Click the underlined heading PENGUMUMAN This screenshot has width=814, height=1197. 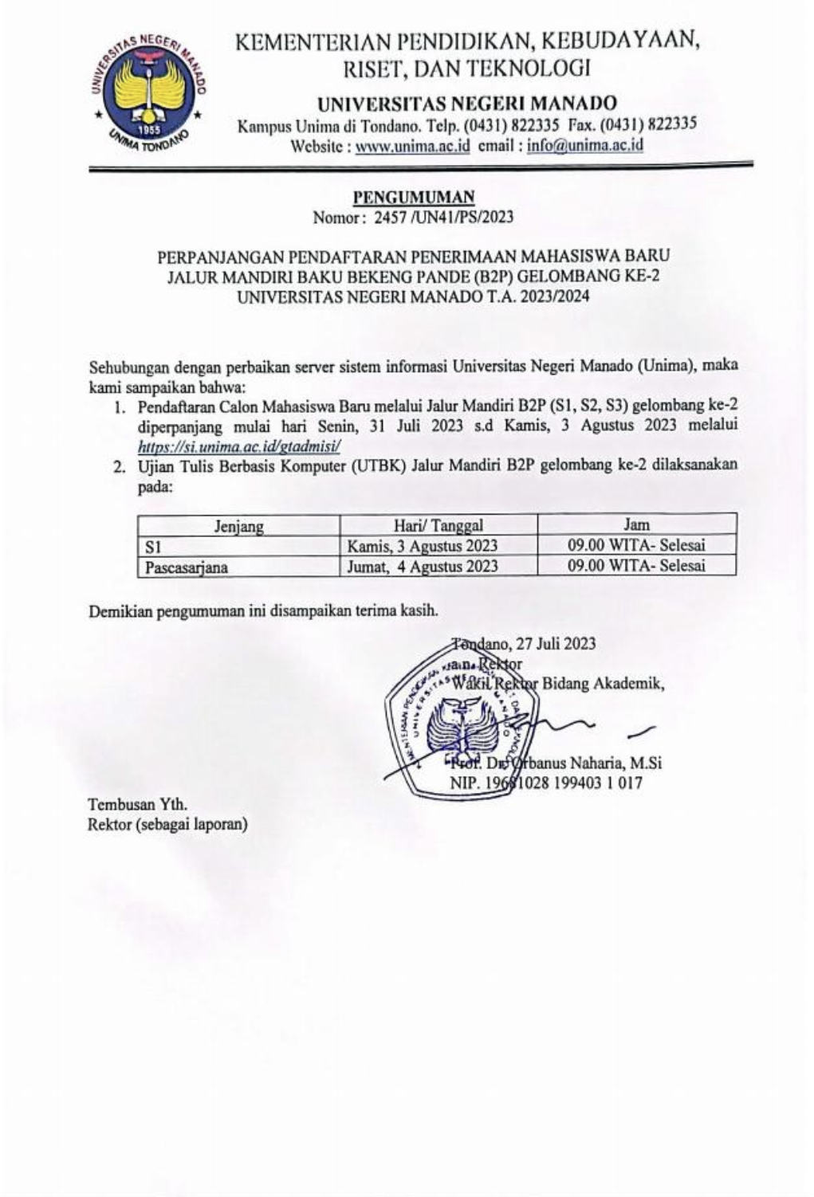tap(414, 196)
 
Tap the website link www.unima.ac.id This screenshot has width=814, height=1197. tap(412, 146)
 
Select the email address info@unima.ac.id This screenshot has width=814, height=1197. tap(585, 146)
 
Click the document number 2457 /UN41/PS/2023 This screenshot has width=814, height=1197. tap(437, 216)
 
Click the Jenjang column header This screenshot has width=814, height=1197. tap(238, 526)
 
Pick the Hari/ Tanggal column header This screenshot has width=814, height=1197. tap(438, 525)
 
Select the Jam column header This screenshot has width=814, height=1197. tap(635, 524)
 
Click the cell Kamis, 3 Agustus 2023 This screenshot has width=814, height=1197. tap(423, 546)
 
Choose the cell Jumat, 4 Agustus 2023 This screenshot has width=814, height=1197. tap(423, 567)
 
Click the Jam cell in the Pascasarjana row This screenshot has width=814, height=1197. tap(635, 566)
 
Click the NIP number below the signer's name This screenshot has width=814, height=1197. tap(545, 783)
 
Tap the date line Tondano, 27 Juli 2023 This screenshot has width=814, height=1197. tap(523, 644)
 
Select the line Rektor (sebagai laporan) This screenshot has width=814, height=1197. tap(167, 823)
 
